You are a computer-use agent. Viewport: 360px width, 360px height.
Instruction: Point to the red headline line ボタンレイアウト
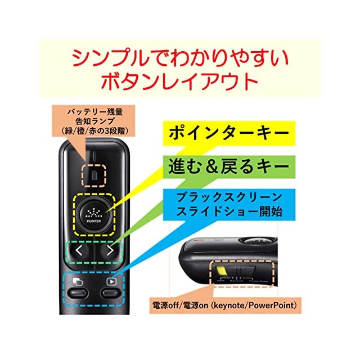tap(179, 83)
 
